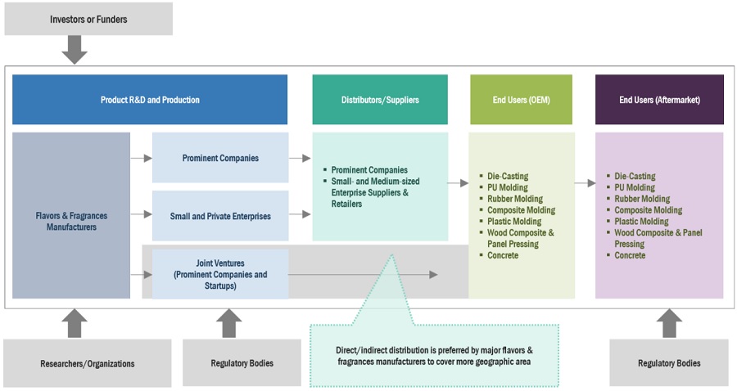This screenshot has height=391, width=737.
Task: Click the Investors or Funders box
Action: click(x=88, y=18)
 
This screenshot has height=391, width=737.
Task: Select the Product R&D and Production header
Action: click(x=150, y=100)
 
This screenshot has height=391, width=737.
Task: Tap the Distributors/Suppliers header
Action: click(x=380, y=100)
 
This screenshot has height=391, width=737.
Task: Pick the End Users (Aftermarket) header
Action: click(x=659, y=100)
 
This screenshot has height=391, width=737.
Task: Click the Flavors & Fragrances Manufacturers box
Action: click(x=71, y=221)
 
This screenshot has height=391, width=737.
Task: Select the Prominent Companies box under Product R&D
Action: click(x=220, y=158)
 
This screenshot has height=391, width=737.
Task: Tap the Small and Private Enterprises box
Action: click(x=220, y=216)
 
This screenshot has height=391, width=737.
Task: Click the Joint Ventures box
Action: click(x=220, y=275)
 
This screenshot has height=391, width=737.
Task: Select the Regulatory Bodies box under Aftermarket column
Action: click(x=669, y=363)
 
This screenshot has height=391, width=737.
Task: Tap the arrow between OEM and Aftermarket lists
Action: click(x=585, y=183)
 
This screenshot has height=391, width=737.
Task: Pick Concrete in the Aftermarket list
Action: click(x=631, y=255)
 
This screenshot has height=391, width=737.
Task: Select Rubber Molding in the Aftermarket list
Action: click(x=642, y=199)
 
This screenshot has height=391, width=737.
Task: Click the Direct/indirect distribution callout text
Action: click(x=434, y=355)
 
